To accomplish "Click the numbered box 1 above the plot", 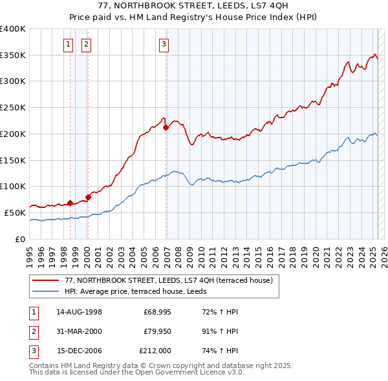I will (x=69, y=44).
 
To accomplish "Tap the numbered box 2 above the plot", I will (x=86, y=44).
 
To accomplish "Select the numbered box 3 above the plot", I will (x=164, y=44).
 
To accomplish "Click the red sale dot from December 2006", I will (x=166, y=128).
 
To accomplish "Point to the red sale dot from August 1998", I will (x=70, y=203).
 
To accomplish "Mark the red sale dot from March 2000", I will (x=88, y=197).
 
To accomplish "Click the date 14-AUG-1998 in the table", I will (x=80, y=311).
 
